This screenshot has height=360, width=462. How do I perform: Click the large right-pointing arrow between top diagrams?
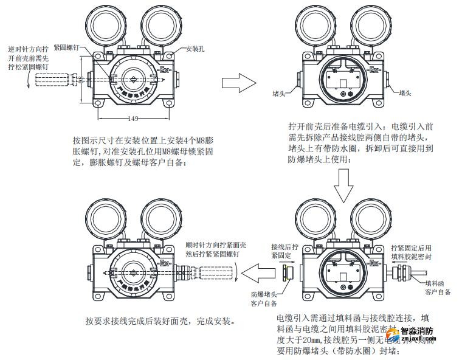[x=238, y=82]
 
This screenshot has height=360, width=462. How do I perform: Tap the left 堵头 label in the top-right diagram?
[x=281, y=94]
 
